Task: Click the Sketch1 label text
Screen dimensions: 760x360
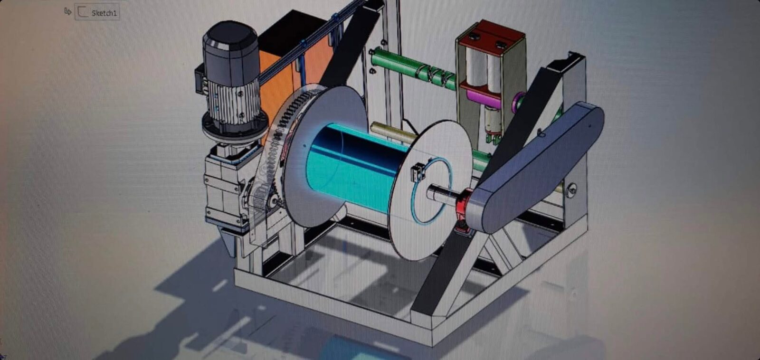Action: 104,13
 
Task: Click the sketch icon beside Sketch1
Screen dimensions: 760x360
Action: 83,12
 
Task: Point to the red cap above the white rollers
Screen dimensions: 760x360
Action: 492,38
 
